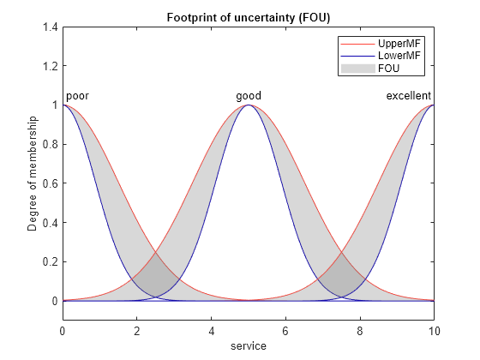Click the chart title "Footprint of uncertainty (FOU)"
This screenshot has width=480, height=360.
pyautogui.click(x=249, y=18)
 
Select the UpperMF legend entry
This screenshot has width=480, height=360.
pyautogui.click(x=381, y=44)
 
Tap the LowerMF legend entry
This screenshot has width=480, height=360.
pyautogui.click(x=381, y=56)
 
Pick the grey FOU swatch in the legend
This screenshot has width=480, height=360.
pyautogui.click(x=358, y=69)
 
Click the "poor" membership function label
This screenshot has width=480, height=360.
pyautogui.click(x=77, y=96)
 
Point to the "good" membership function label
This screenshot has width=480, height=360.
pyautogui.click(x=249, y=96)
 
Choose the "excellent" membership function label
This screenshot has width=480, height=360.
pyautogui.click(x=408, y=96)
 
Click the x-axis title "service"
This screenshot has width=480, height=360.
pyautogui.click(x=249, y=346)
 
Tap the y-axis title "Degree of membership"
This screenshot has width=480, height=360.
pyautogui.click(x=32, y=173)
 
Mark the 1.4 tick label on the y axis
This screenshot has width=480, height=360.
pyautogui.click(x=51, y=27)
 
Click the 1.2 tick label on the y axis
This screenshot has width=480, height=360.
pyautogui.click(x=51, y=66)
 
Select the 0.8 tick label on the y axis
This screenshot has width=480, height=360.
pyautogui.click(x=51, y=145)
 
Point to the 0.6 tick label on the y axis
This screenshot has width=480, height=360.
pyautogui.click(x=51, y=183)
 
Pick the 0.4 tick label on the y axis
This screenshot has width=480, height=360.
pyautogui.click(x=51, y=223)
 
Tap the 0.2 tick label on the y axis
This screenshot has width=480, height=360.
pyautogui.click(x=51, y=262)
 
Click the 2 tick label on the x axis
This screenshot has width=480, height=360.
pyautogui.click(x=137, y=331)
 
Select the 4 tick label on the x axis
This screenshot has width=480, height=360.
pyautogui.click(x=211, y=331)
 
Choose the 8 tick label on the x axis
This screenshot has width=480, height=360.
pyautogui.click(x=360, y=331)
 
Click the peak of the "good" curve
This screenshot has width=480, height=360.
pyautogui.click(x=249, y=105)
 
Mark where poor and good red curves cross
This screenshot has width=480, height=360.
pyautogui.click(x=156, y=252)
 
